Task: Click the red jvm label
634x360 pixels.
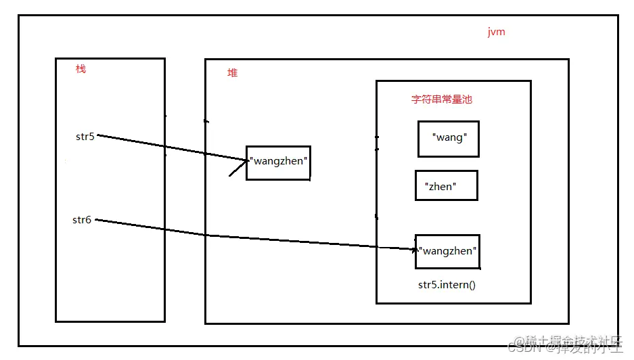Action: [496, 32]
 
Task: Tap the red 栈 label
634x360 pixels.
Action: [81, 69]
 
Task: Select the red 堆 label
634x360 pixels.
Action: [232, 73]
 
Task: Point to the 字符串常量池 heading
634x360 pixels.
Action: [441, 99]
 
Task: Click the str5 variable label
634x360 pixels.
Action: [85, 136]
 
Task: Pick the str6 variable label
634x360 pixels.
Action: [82, 220]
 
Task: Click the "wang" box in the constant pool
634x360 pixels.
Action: [448, 139]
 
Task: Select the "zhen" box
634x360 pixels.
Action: [446, 185]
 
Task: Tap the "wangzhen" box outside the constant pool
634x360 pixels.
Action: [278, 162]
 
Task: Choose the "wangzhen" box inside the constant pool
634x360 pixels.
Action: [448, 251]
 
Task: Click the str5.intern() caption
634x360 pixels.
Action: [447, 284]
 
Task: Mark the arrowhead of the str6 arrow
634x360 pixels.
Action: [416, 249]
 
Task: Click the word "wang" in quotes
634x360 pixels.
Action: [450, 137]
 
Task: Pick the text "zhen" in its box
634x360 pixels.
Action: [440, 187]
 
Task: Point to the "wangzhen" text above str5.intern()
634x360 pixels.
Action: [448, 251]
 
